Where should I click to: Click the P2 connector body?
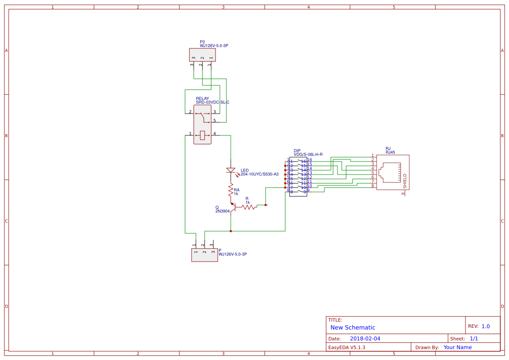coord(202,55)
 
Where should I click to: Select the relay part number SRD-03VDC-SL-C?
coord(212,102)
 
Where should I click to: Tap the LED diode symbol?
coord(231,170)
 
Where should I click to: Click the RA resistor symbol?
coord(231,189)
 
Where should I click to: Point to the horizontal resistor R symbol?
coord(249,208)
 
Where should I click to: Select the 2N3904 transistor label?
coord(222,211)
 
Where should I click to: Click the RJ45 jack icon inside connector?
coord(390,172)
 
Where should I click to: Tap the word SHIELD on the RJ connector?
coord(405,181)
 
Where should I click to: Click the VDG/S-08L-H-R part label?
coord(308,155)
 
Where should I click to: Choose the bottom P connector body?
coord(204,255)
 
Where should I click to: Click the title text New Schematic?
coord(353,327)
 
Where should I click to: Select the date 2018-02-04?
coord(365,339)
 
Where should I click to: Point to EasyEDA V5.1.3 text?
coord(347,347)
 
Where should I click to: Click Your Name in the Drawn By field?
coord(457,347)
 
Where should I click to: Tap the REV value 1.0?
coord(485,326)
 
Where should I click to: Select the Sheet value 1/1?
coord(474,339)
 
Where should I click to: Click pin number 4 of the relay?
coord(215,134)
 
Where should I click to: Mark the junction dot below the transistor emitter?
coord(231,231)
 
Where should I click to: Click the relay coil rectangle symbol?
coord(202,135)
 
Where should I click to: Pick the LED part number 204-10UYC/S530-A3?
coord(260,174)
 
